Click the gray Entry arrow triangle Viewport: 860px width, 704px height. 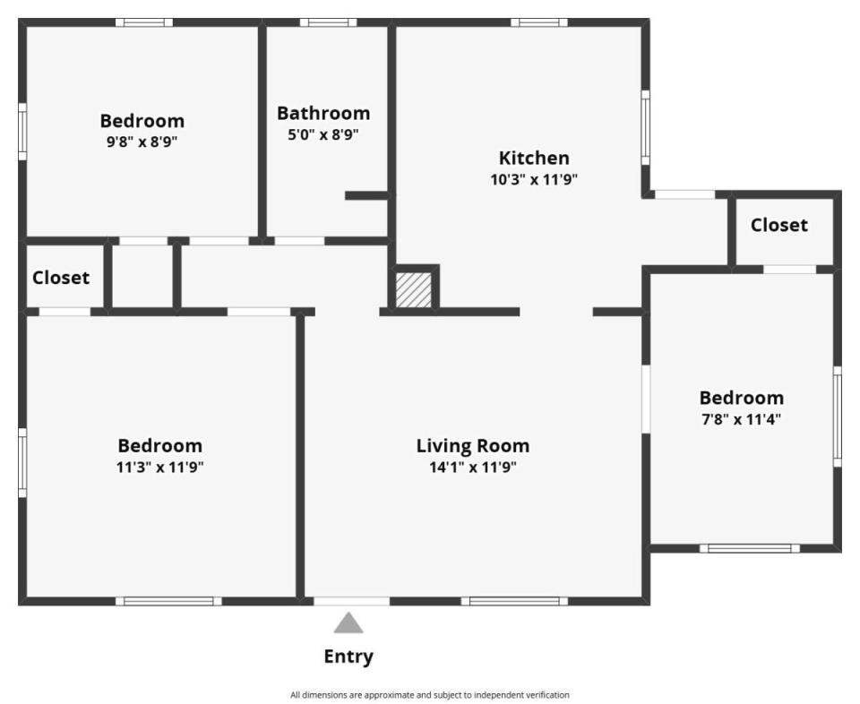(348, 624)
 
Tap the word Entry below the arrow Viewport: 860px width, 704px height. (348, 657)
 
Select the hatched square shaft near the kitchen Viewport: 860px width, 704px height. (414, 290)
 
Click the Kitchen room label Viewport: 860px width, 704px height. (534, 158)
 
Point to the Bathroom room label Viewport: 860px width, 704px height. (323, 113)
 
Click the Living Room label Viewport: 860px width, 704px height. (473, 446)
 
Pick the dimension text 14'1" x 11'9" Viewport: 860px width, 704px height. (473, 468)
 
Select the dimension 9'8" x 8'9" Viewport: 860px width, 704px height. (142, 142)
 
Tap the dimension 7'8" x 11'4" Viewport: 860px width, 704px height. (742, 419)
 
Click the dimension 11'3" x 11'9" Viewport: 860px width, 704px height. (159, 468)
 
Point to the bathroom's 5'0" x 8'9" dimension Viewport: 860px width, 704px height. (323, 134)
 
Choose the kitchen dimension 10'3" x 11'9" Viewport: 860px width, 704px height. (534, 179)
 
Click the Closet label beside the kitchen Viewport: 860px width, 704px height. (778, 225)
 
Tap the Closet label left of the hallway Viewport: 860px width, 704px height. (61, 278)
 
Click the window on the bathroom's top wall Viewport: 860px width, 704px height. (328, 22)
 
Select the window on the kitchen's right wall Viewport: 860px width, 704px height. (646, 127)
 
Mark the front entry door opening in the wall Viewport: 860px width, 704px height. (351, 602)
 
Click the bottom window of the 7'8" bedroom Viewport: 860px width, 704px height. (749, 548)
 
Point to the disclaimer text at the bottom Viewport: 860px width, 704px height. (430, 695)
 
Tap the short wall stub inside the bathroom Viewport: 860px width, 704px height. (366, 196)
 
